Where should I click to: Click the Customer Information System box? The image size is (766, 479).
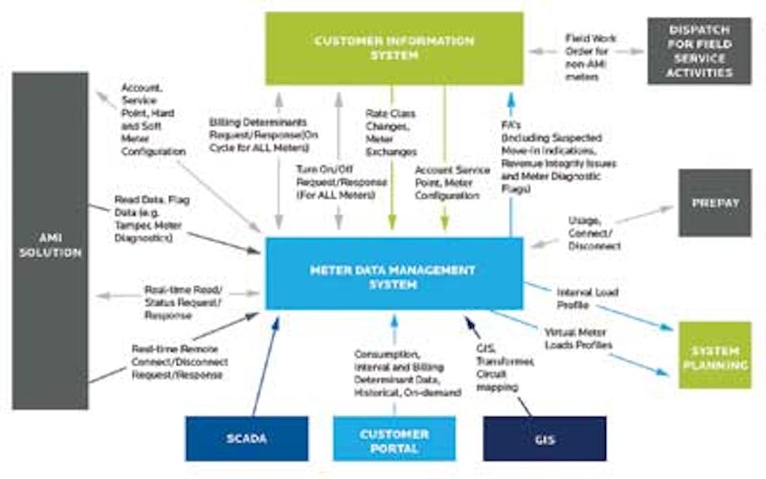tap(394, 48)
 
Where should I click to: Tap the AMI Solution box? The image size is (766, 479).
tap(50, 241)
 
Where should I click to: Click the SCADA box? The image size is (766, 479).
tap(247, 438)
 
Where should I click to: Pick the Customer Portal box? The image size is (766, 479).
tap(394, 438)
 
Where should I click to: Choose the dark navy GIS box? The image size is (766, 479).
tap(544, 438)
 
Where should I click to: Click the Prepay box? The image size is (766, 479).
tap(715, 203)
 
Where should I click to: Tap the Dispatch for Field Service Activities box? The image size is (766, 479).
tap(699, 51)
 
